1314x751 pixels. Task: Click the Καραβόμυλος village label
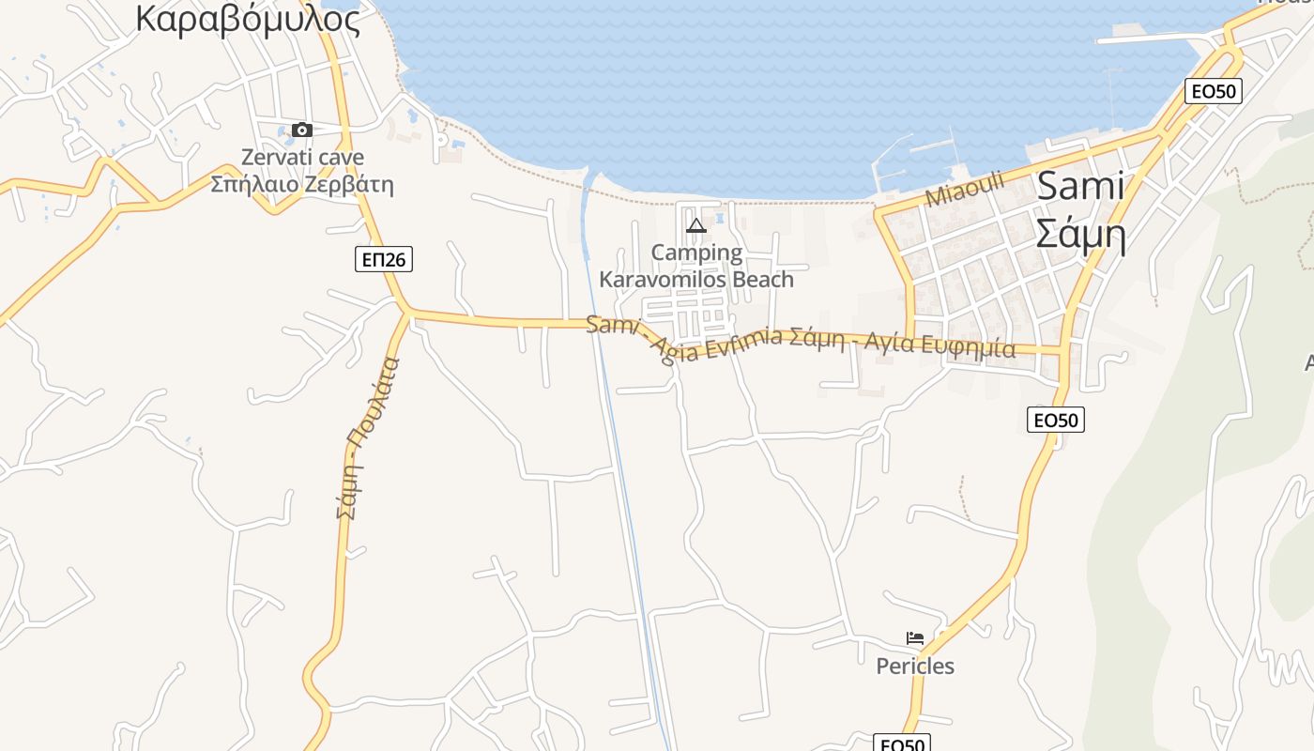248,18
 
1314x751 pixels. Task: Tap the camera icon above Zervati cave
301,130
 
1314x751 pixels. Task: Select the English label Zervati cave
302,157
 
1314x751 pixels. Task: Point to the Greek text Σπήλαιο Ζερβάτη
301,184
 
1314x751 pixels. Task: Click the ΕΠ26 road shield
384,259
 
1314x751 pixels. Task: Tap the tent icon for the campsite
695,225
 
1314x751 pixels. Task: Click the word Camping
696,253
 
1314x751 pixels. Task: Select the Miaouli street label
965,189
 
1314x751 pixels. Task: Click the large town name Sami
1079,186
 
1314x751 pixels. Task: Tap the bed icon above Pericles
915,638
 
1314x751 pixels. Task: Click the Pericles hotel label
915,667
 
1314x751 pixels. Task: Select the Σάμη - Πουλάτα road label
368,437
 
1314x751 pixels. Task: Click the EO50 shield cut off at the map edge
901,743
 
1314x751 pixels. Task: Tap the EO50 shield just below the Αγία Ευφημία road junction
1056,420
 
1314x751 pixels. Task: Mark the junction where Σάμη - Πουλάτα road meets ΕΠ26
407,311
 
